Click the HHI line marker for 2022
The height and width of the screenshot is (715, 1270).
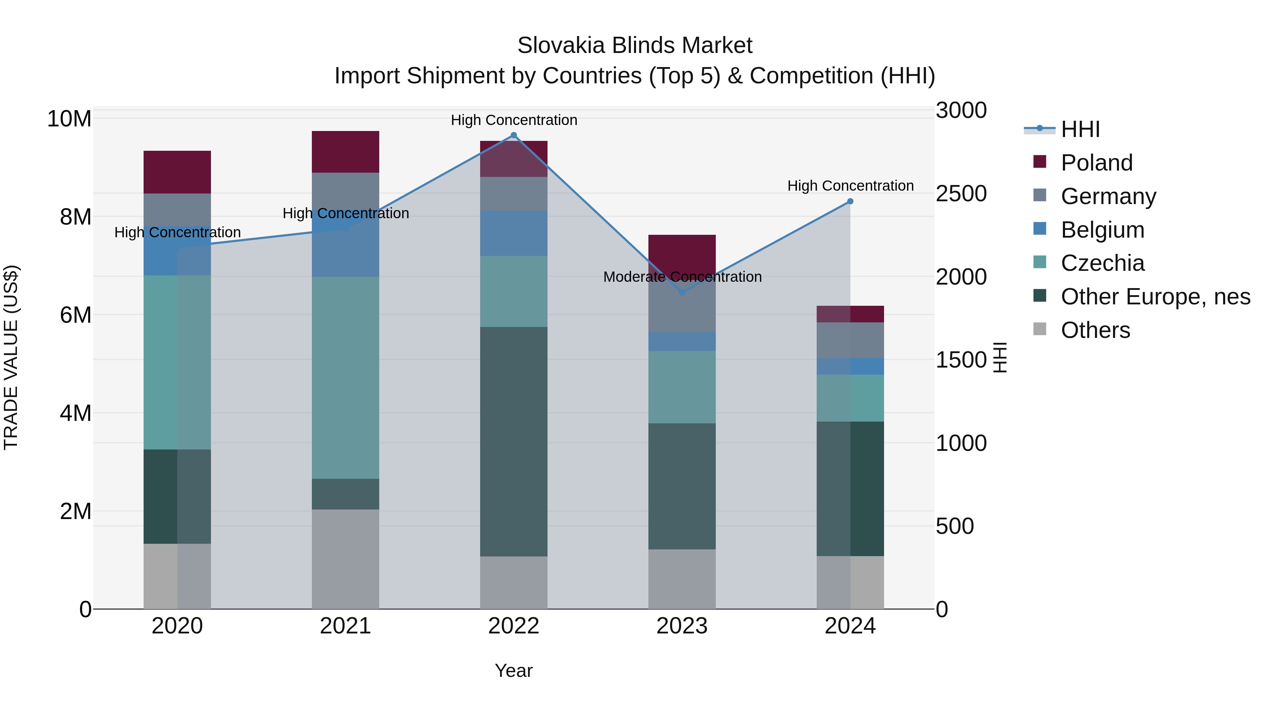tap(514, 135)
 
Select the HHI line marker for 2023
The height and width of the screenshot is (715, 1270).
tap(682, 293)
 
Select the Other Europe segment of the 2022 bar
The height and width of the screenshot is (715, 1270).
tap(514, 442)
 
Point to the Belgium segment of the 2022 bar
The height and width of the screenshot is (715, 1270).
tap(514, 233)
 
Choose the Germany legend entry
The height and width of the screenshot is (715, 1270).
tap(1108, 196)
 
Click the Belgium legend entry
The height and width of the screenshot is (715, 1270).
tap(1102, 230)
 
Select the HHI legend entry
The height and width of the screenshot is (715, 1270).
tap(1080, 129)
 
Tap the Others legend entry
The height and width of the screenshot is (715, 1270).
tap(1095, 330)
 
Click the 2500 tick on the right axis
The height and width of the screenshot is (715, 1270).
tap(961, 193)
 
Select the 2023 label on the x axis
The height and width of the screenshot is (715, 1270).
tap(682, 626)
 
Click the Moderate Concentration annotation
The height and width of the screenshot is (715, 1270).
tap(682, 277)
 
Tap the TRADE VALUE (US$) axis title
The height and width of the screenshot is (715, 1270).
tap(11, 357)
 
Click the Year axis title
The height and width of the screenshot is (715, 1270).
tap(514, 671)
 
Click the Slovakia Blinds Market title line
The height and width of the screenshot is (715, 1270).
tap(635, 46)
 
